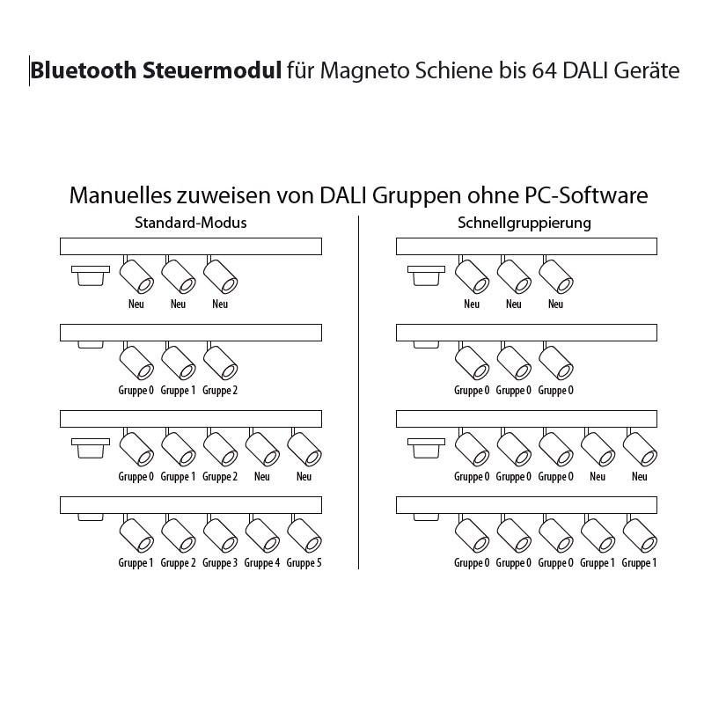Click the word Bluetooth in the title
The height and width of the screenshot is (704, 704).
[x=83, y=70]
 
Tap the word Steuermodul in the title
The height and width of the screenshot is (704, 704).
[x=212, y=70]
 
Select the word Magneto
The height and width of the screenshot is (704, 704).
[x=364, y=72]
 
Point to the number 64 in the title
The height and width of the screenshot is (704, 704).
[x=544, y=71]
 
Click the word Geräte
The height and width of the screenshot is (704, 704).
[x=647, y=70]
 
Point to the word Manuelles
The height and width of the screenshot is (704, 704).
[x=120, y=195]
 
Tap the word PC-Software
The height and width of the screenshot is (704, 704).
[x=585, y=195]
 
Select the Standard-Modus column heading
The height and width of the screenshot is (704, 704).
[x=191, y=223]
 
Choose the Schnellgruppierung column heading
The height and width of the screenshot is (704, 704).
[x=524, y=224]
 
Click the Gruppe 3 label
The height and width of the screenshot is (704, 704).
[x=220, y=563]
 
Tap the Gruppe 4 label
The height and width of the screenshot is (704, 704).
[x=261, y=563]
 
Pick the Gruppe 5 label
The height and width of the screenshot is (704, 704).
[x=304, y=563]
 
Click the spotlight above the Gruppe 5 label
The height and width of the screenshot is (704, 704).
[x=304, y=534]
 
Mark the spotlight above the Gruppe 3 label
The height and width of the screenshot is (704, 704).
[x=220, y=534]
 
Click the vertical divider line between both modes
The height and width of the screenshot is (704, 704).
[x=359, y=392]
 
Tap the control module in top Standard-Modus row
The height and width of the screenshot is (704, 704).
[x=91, y=275]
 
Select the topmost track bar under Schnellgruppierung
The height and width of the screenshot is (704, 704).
[x=526, y=246]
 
